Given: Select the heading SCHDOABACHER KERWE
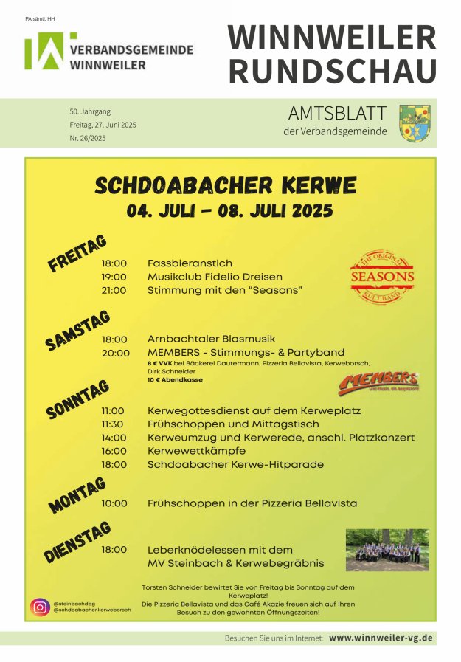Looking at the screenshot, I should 226,185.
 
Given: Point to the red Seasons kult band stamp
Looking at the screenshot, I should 381,277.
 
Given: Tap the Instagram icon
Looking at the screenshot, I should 40,607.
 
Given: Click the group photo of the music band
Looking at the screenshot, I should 387,550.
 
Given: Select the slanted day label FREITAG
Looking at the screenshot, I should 77,254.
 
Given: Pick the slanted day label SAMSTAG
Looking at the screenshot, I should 77,330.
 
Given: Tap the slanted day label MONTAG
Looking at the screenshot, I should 77,494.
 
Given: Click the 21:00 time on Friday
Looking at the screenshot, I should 114,290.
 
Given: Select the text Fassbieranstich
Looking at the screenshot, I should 190,263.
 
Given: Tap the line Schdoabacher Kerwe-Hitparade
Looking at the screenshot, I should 235,464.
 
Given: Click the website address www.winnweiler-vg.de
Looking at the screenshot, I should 381,638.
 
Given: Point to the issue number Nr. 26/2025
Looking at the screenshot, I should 88,138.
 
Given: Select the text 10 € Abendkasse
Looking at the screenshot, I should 175,380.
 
